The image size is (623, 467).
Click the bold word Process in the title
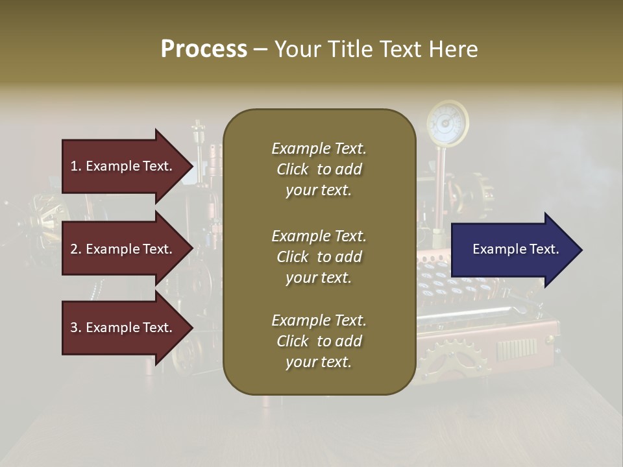(204, 49)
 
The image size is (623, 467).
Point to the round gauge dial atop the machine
(447, 121)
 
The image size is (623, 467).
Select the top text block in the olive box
(319, 169)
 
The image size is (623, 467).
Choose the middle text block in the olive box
(319, 257)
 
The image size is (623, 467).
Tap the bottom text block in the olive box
(319, 341)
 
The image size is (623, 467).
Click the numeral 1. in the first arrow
(76, 166)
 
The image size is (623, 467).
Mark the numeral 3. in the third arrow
(76, 328)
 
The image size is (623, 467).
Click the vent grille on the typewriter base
(517, 350)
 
